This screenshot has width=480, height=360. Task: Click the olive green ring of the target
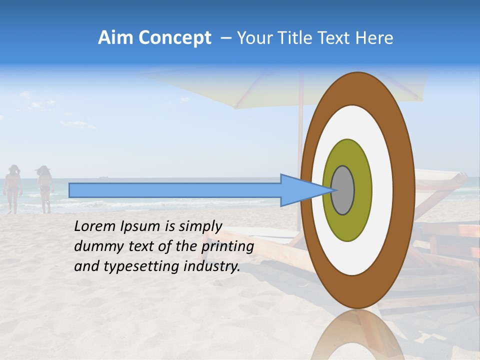coord(347,225)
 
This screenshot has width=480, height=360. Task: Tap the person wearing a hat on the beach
coord(45,188)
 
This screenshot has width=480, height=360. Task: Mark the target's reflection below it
coord(357,335)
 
